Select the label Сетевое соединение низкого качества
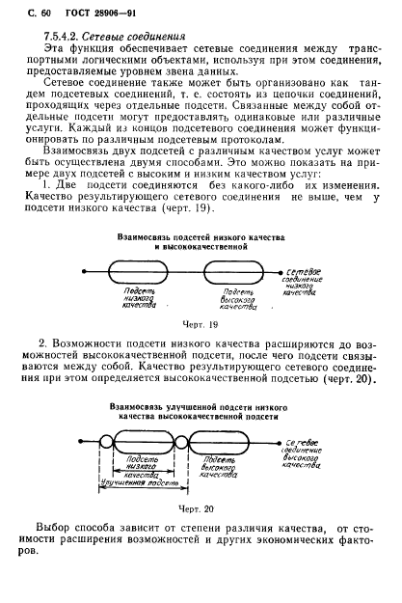click(x=308, y=287)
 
